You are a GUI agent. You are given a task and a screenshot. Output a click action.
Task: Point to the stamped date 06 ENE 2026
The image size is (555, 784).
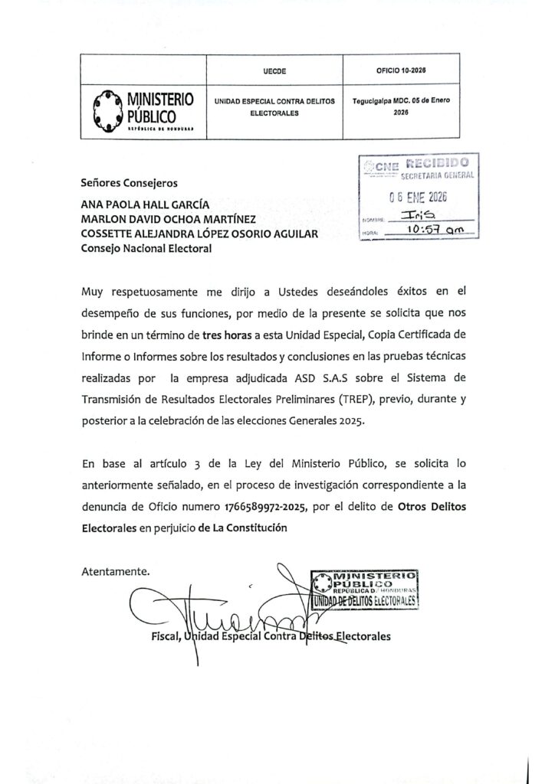[418, 197]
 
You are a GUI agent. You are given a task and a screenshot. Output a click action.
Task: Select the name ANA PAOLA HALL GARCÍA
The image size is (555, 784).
[144, 206]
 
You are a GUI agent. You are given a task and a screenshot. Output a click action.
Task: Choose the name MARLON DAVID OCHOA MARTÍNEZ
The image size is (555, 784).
[163, 220]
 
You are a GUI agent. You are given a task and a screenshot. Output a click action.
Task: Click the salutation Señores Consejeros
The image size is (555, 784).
[129, 183]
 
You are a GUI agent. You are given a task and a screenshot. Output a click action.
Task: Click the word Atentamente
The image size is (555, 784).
[116, 570]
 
